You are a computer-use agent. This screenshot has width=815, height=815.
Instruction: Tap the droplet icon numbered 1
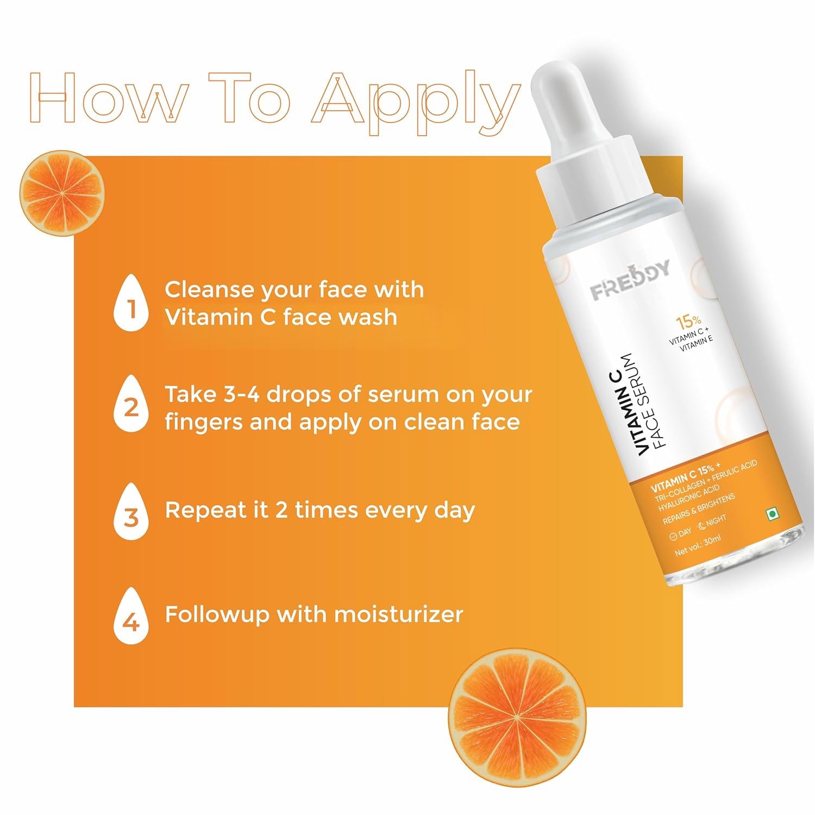[131, 304]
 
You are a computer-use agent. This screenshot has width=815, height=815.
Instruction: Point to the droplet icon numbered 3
[131, 513]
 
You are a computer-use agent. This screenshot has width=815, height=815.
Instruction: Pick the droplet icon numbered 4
[131, 618]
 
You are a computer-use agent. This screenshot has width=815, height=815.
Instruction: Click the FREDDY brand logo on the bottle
[630, 281]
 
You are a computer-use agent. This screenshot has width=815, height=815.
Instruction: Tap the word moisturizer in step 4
[398, 615]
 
